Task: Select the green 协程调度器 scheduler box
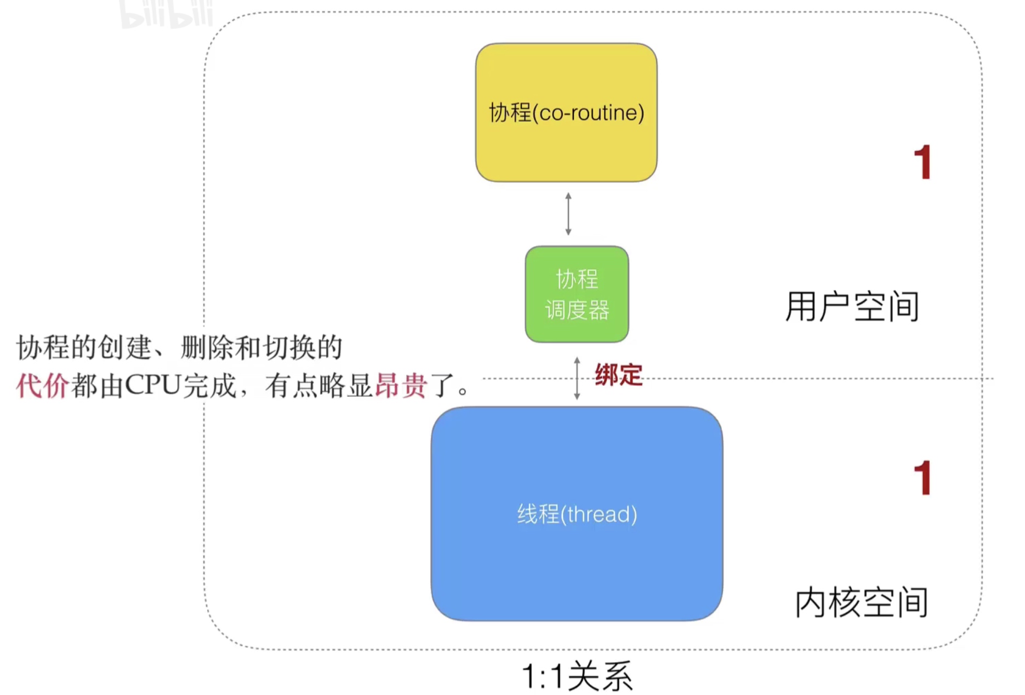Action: click(577, 294)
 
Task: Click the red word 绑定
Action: click(619, 375)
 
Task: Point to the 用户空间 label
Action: click(852, 306)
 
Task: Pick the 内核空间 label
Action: click(862, 602)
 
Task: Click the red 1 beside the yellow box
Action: click(923, 162)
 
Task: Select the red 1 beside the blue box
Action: click(923, 478)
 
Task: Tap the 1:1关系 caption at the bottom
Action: click(577, 676)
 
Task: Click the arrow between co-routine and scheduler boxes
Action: click(568, 214)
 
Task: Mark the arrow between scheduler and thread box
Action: click(577, 378)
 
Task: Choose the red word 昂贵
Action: click(401, 385)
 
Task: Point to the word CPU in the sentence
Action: click(152, 385)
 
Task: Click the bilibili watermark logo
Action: click(166, 14)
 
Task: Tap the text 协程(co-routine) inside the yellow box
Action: click(566, 113)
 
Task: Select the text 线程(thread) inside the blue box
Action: click(577, 514)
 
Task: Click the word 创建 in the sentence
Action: click(125, 347)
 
